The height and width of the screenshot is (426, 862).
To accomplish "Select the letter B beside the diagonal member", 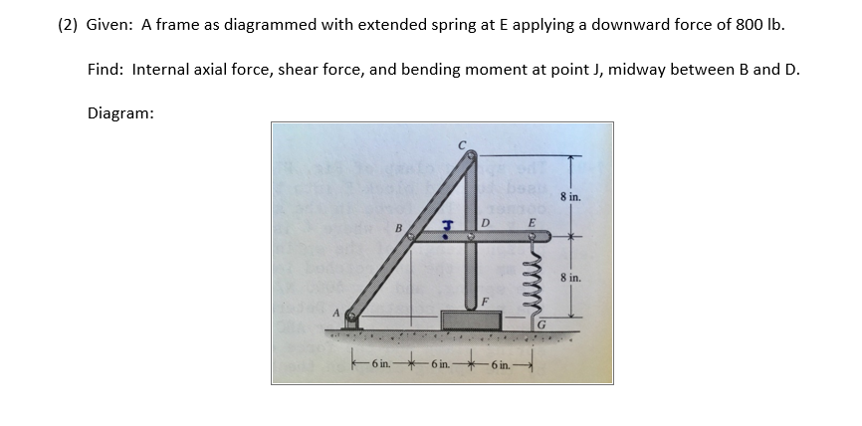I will click(x=400, y=228).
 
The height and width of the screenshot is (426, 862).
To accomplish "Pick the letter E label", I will click(x=531, y=222).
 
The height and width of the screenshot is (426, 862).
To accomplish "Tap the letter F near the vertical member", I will click(x=485, y=300).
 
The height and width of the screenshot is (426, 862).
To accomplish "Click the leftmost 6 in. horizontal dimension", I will click(x=380, y=364).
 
